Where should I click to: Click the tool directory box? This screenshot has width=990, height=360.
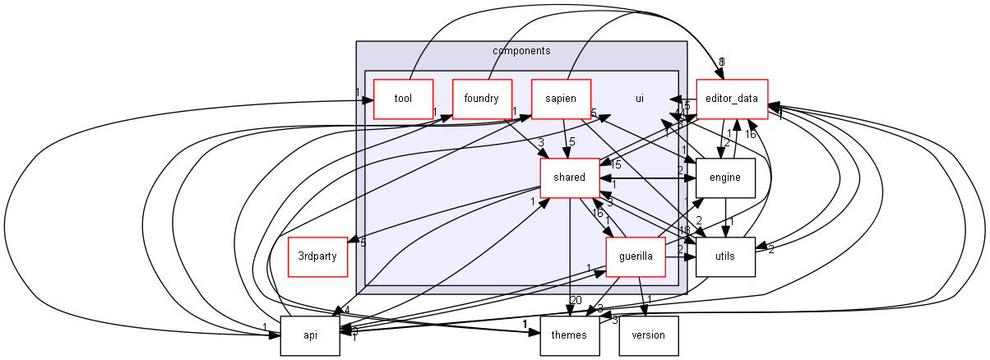(x=403, y=99)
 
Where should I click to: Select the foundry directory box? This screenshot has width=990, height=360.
(x=482, y=99)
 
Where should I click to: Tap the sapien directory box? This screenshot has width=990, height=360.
(x=561, y=99)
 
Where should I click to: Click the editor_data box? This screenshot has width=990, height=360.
(x=732, y=99)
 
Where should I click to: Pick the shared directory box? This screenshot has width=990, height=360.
(x=569, y=178)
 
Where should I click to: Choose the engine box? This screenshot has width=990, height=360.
(x=725, y=178)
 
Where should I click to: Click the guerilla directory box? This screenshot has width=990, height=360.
(x=635, y=256)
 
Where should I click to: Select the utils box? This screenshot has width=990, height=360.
(x=725, y=256)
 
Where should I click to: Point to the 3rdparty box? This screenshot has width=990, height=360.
(x=317, y=256)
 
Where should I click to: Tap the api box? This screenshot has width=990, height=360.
(x=310, y=335)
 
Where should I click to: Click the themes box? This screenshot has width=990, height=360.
(x=569, y=335)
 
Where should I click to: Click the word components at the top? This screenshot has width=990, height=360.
(x=520, y=50)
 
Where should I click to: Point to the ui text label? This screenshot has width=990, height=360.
(x=639, y=99)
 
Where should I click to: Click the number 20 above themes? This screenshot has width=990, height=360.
(x=576, y=300)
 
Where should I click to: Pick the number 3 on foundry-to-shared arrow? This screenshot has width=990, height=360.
(x=541, y=143)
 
